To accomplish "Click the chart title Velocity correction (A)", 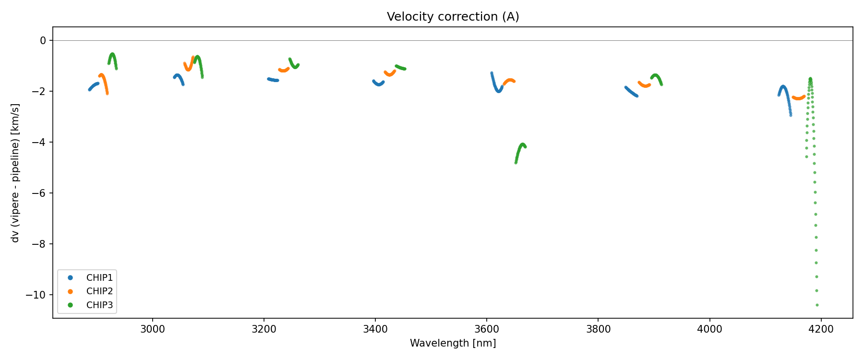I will (453, 17).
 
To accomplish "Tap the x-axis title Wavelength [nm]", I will (453, 343).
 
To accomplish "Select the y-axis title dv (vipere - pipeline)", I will (15, 173).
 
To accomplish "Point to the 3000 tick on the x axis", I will (152, 330).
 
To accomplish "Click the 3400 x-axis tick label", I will (375, 330).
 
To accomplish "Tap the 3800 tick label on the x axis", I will (598, 330).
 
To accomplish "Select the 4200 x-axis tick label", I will (821, 330).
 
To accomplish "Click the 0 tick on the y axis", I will (43, 41).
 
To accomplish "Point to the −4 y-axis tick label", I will (39, 143).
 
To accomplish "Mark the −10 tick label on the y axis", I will (37, 295).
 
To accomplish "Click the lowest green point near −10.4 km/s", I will (817, 305).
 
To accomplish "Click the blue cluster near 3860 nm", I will (632, 92).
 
